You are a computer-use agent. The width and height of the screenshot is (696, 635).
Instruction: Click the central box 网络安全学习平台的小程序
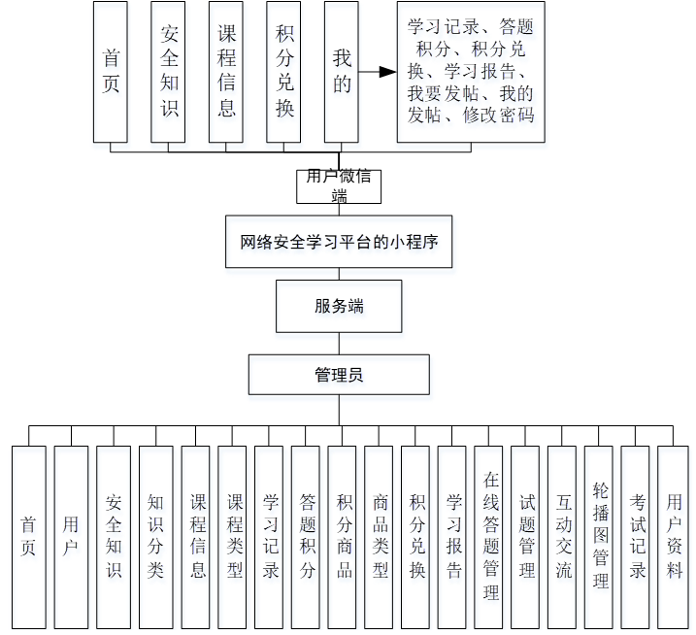[x=339, y=242]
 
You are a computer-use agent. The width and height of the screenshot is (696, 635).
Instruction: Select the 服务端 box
[x=339, y=306]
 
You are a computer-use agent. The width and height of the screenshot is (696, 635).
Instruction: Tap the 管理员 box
[x=339, y=374]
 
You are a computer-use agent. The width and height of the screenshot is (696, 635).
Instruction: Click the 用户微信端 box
[x=339, y=185]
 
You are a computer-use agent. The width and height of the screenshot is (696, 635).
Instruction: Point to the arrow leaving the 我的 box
[x=379, y=72]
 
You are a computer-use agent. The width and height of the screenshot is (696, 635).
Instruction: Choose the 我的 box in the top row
[x=342, y=72]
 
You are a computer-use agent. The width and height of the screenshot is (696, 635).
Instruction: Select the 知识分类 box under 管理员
[x=155, y=536]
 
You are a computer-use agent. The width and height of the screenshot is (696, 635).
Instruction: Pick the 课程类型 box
[x=234, y=536]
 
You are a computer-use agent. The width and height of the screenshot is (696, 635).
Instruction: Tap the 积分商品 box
[x=344, y=536]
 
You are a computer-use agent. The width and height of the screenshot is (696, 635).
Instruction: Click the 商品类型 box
[x=381, y=536]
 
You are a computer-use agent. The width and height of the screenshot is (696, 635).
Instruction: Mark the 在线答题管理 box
[x=491, y=536]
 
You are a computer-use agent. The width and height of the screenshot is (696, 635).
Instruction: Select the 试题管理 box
[x=527, y=536]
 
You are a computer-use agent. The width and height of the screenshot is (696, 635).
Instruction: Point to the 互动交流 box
[x=564, y=536]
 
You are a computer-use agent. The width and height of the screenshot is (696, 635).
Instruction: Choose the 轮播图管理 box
[x=601, y=536]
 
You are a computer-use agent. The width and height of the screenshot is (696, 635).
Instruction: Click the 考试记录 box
[x=637, y=536]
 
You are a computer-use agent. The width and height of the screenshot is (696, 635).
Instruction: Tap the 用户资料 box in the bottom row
[x=674, y=536]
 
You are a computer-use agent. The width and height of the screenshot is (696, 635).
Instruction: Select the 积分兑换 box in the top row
[x=284, y=72]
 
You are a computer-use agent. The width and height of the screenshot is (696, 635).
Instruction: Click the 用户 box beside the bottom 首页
[x=71, y=536]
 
